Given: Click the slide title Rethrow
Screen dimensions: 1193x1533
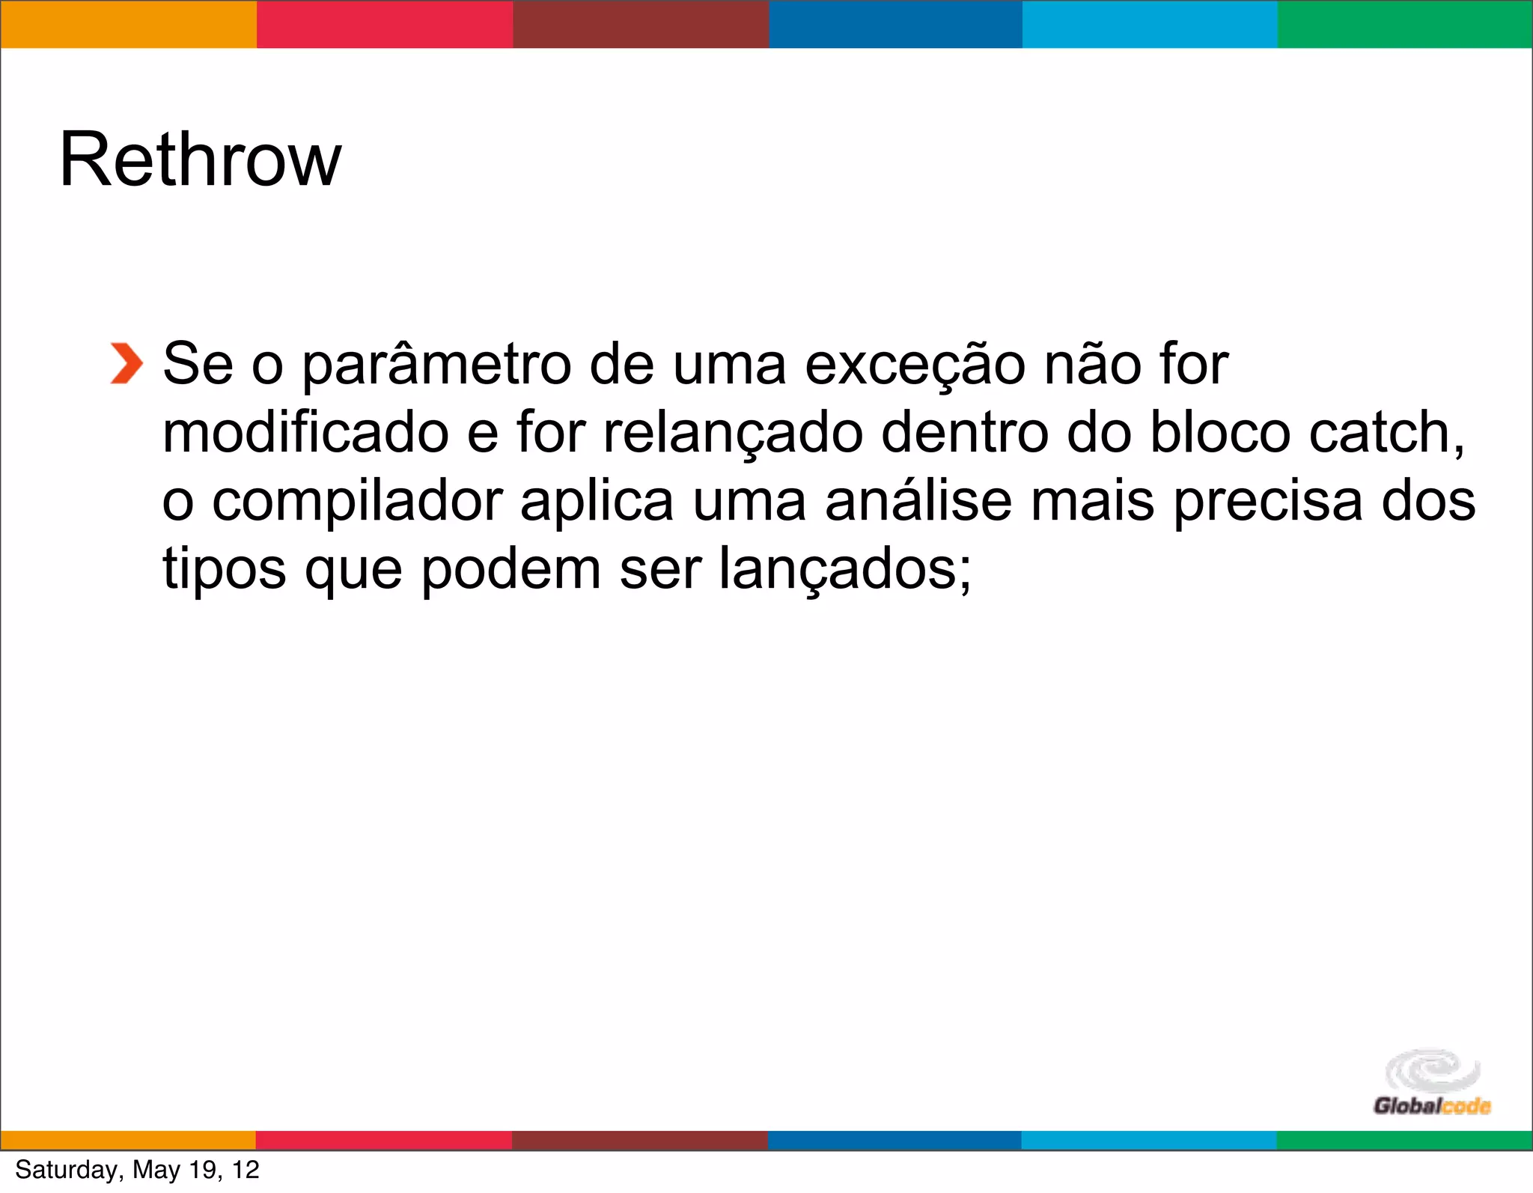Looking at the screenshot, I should click(x=200, y=160).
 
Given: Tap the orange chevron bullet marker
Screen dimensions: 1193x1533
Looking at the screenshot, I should click(x=126, y=364).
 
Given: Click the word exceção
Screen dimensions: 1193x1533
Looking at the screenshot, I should click(x=915, y=365).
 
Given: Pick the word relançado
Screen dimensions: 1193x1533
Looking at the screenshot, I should click(x=733, y=434).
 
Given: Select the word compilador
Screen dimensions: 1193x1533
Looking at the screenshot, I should click(x=357, y=503).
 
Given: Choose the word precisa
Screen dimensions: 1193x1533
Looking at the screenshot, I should click(x=1267, y=503).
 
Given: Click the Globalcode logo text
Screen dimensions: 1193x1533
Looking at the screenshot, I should click(x=1431, y=1105).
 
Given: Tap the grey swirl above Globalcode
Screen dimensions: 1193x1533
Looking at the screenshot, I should click(x=1431, y=1069).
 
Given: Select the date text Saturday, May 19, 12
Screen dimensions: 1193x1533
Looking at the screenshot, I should click(x=137, y=1170).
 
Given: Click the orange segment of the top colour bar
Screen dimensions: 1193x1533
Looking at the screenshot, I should click(x=128, y=25).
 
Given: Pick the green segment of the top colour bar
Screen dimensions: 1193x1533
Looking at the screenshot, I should click(x=1404, y=25).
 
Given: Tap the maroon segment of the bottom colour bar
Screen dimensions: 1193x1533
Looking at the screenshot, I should click(x=640, y=1140).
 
